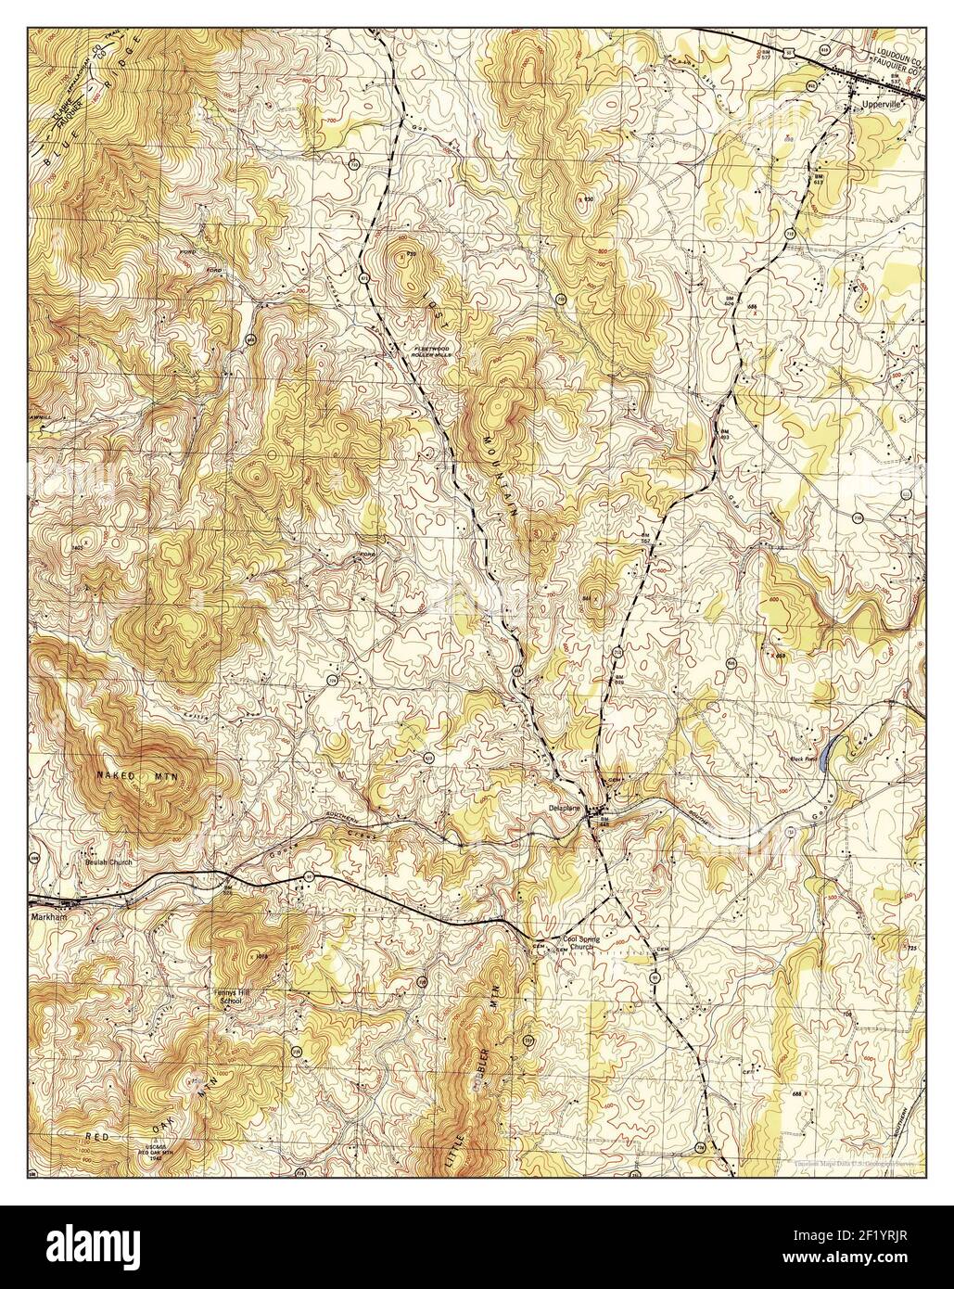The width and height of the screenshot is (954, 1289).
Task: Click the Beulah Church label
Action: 108,861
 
